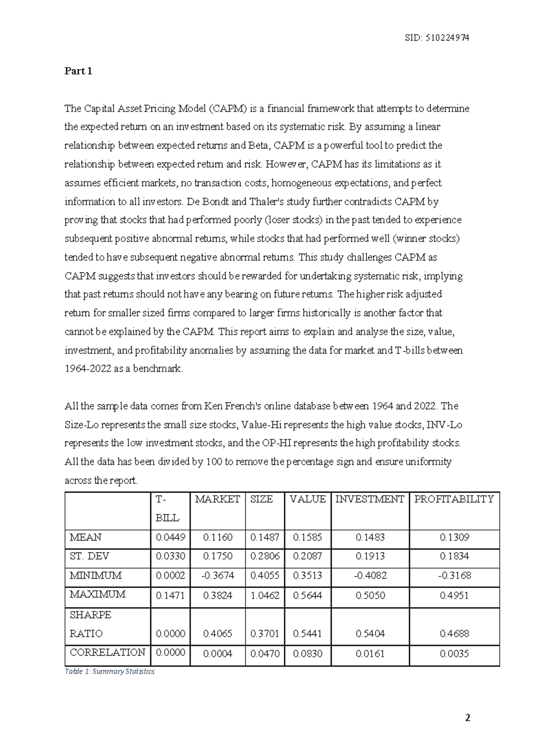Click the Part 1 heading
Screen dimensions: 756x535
78,71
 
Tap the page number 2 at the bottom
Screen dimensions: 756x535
468,718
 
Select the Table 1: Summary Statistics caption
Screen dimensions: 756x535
109,671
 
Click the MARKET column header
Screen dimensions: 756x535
218,499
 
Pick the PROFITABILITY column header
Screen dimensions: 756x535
454,499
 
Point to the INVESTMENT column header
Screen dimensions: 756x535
370,499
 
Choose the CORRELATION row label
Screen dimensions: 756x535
107,653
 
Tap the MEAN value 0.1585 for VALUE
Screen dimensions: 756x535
308,538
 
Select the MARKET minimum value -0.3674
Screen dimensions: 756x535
218,576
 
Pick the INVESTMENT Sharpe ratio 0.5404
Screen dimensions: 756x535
370,634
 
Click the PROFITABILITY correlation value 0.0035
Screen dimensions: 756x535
454,654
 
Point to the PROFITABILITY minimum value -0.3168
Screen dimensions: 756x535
454,576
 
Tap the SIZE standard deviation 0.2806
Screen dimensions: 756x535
265,557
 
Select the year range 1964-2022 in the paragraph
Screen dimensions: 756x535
85,369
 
